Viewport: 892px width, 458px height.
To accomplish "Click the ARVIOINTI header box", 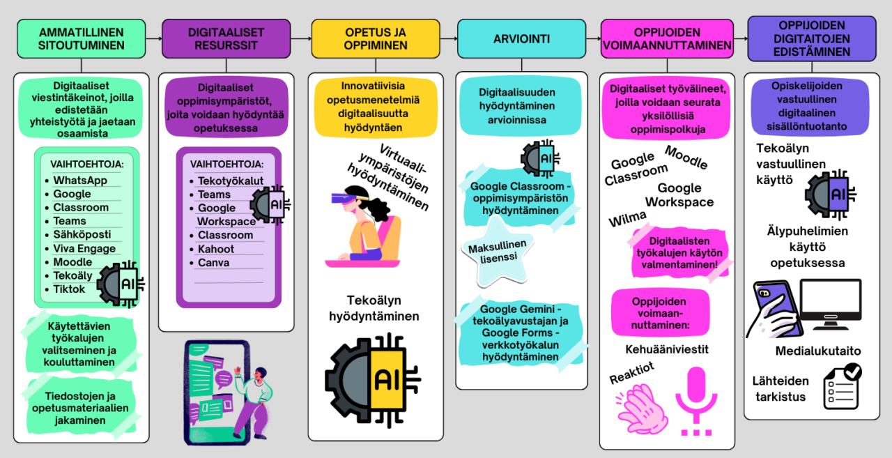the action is pos(521,38).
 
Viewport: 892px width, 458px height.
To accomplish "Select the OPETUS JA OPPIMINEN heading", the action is pos(376,38).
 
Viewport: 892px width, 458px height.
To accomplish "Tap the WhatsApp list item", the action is pos(80,181).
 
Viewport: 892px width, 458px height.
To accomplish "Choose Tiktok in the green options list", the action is pos(69,289).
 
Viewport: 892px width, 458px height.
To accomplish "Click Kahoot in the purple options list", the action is pos(216,249).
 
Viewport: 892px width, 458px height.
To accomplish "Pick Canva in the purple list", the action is pos(213,263).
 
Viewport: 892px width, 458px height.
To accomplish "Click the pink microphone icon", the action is pos(696,401).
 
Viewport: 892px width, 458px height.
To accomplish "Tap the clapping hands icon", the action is pos(642,409).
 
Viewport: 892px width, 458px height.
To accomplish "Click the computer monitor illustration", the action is pos(831,305).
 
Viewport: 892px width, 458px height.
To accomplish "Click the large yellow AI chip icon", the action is pos(373,380).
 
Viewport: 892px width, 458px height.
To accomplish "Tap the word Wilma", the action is pos(628,218).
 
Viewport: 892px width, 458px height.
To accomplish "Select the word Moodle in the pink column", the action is pos(686,158).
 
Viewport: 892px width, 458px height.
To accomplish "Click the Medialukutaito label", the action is pos(818,351).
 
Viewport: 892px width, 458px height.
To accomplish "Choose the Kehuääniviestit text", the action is pos(667,349).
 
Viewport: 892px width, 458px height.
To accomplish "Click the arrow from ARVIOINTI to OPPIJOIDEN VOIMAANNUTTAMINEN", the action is pos(593,38).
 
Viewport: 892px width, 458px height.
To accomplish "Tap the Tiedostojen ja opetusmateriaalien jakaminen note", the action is pos(80,409).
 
